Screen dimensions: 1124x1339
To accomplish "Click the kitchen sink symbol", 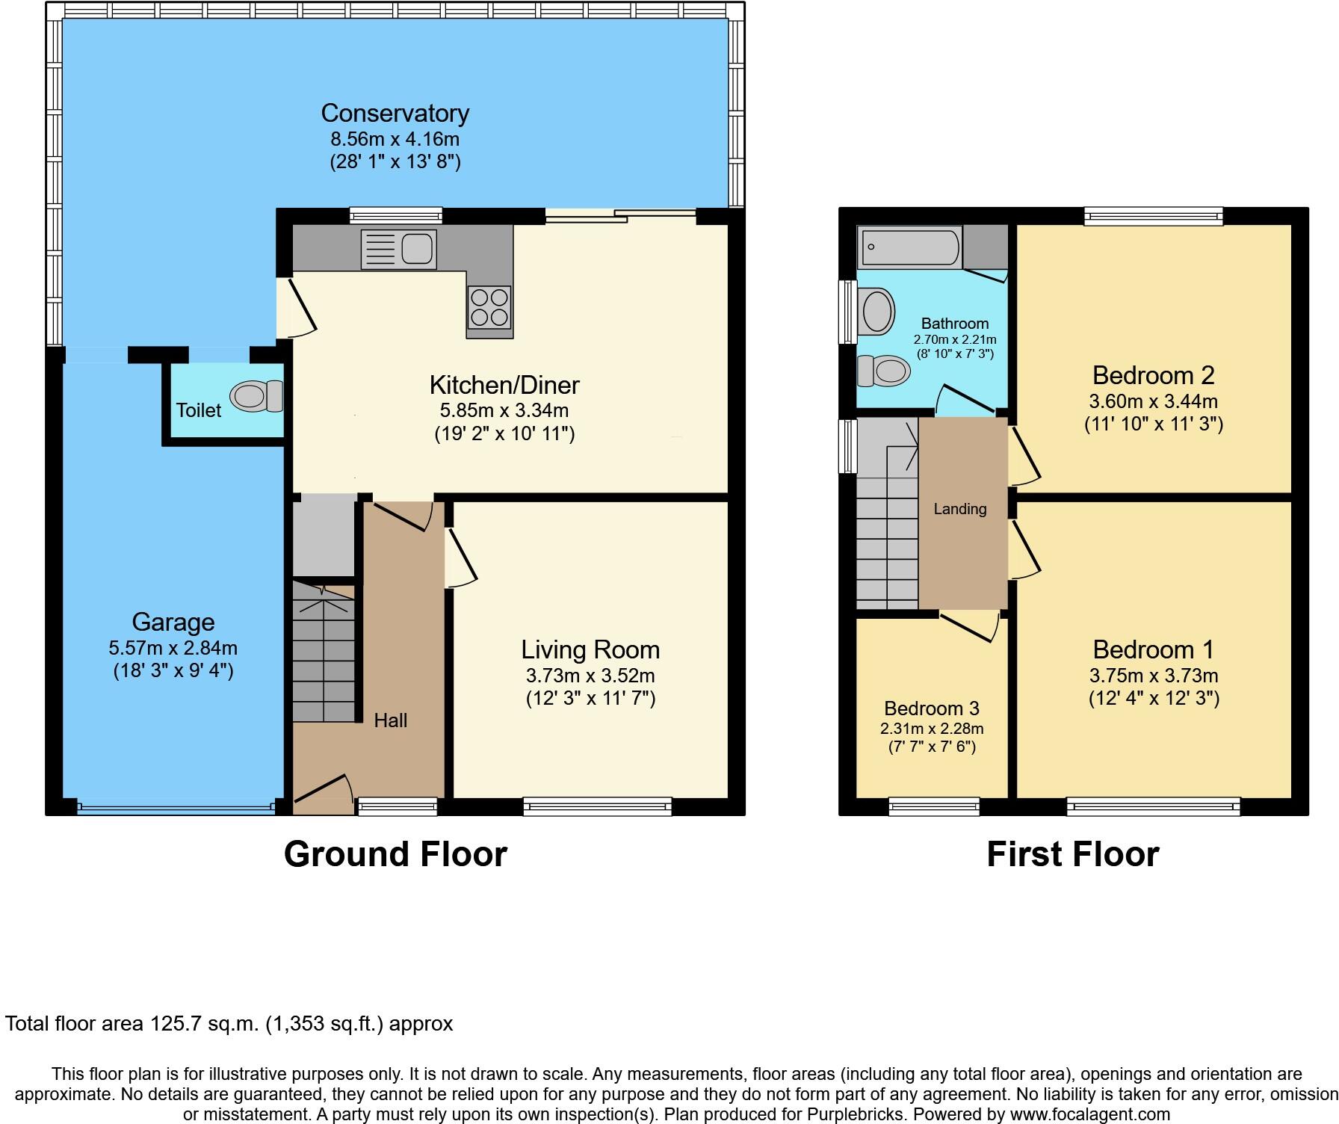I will tap(399, 250).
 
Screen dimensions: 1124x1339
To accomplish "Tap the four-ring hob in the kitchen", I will tap(490, 307).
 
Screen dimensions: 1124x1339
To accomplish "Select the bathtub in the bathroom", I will tap(909, 248).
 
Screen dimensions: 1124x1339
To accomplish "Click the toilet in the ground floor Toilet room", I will tap(257, 396).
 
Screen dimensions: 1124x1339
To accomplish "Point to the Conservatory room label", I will tap(395, 114).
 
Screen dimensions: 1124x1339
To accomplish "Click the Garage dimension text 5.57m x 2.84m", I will tap(173, 648).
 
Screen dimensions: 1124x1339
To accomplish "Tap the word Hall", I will tap(390, 720).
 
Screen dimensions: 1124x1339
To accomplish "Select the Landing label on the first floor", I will tap(960, 509).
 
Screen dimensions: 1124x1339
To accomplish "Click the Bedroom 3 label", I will tap(931, 708).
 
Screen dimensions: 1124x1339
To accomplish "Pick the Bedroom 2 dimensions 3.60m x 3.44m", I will tap(1154, 401).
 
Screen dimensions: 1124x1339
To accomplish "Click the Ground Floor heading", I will tap(395, 854).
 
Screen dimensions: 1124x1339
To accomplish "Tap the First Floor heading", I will tap(1072, 854).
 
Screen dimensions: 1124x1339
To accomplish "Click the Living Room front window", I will tap(597, 806).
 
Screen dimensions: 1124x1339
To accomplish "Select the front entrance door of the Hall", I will tap(324, 794).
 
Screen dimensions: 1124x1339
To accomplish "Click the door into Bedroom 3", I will tap(970, 626).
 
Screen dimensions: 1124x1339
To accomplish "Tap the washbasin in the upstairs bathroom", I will tap(877, 312).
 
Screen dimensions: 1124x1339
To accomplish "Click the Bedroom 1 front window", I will tap(1153, 806).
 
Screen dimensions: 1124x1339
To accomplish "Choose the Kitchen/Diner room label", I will tap(504, 386).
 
